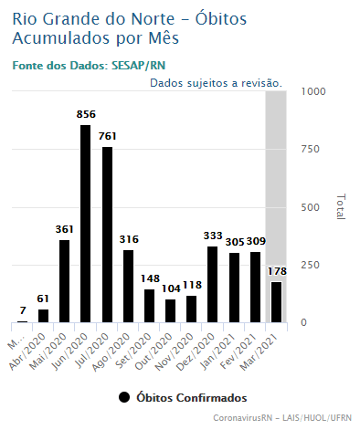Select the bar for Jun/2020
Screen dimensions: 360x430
point(85,224)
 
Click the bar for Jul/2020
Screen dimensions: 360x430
point(107,235)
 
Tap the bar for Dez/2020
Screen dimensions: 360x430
point(212,284)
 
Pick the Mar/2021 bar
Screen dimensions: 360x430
point(277,302)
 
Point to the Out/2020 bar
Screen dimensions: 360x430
point(170,310)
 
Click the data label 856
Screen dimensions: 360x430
point(86,114)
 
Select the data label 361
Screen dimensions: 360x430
point(65,229)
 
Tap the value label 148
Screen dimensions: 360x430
point(150,278)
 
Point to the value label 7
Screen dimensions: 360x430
point(23,310)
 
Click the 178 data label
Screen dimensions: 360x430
point(277,271)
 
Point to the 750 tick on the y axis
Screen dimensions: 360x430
point(310,149)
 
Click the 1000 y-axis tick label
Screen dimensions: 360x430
point(313,91)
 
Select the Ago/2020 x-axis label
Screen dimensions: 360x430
point(112,351)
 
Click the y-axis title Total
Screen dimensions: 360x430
point(341,206)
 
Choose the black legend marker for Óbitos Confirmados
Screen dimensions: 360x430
point(124,397)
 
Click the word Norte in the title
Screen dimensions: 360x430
point(153,19)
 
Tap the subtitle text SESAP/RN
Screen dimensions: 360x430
point(139,66)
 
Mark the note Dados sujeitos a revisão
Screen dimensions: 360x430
point(217,83)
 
